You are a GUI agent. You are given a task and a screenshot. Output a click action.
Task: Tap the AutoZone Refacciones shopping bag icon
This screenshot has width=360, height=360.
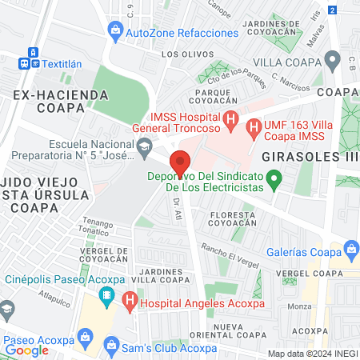coord(116,33)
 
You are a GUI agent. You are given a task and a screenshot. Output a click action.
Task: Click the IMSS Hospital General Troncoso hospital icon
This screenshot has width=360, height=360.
coord(230,124)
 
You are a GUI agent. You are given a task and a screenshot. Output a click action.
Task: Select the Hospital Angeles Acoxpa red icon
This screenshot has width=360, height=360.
coord(129,302)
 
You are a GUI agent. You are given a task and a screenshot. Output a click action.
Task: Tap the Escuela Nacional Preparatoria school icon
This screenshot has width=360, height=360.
coord(144,146)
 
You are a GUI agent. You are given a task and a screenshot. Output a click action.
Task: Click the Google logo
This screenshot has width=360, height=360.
coord(27,350)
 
